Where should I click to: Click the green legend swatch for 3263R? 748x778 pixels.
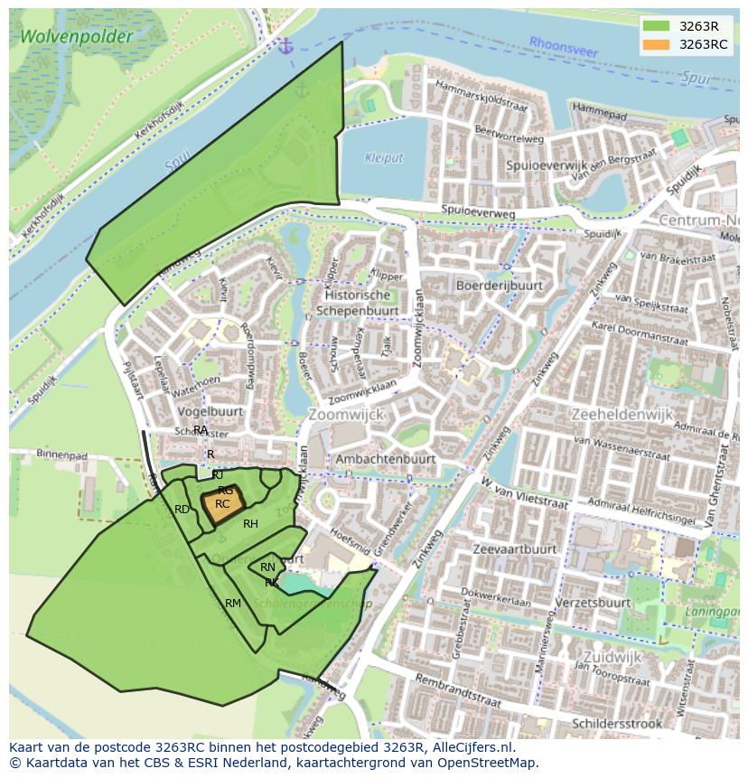pyautogui.click(x=657, y=26)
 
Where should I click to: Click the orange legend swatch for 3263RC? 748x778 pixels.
pyautogui.click(x=657, y=44)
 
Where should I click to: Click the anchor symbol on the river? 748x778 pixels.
pyautogui.click(x=286, y=45)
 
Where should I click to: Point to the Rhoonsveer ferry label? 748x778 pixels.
pyautogui.click(x=564, y=46)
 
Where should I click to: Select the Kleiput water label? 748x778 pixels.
pyautogui.click(x=384, y=158)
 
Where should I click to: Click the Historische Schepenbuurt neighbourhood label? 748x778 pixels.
pyautogui.click(x=358, y=303)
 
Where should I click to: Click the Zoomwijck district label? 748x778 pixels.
pyautogui.click(x=346, y=414)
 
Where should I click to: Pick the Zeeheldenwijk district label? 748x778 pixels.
pyautogui.click(x=622, y=414)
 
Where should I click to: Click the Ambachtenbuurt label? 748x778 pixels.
pyautogui.click(x=385, y=459)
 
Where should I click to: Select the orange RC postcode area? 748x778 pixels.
pyautogui.click(x=221, y=505)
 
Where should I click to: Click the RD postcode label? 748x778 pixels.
pyautogui.click(x=182, y=510)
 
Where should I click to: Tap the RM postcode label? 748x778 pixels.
pyautogui.click(x=233, y=603)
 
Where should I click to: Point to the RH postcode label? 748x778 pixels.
pyautogui.click(x=250, y=524)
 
